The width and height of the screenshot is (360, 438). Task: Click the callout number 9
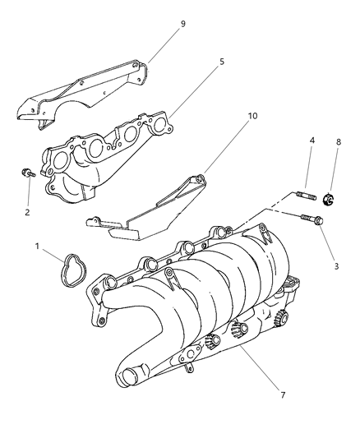click(182, 24)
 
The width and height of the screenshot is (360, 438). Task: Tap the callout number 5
click(222, 62)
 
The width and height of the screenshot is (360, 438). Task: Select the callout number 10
click(252, 116)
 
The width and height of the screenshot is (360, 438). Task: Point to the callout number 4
click(312, 141)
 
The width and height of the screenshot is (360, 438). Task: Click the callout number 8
click(338, 142)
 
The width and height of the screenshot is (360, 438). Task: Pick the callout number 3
click(336, 266)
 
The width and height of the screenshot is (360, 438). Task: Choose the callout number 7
click(283, 395)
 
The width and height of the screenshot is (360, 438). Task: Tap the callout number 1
click(37, 246)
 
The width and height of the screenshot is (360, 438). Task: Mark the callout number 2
click(27, 212)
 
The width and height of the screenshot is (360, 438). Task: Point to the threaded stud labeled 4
click(306, 195)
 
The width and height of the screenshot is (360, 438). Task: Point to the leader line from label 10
click(226, 148)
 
